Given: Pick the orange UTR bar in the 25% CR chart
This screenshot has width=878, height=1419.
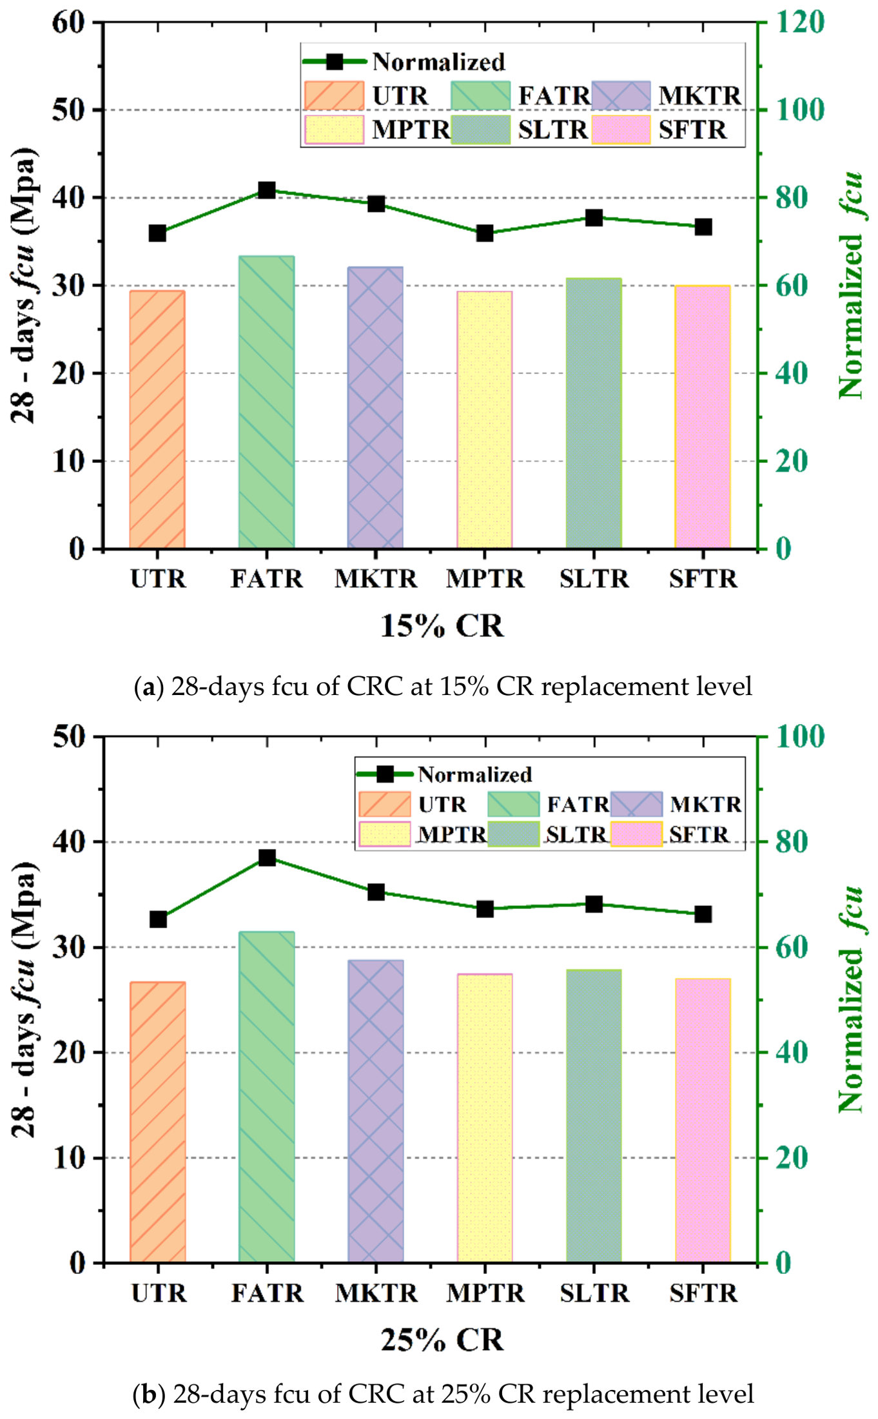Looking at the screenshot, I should point(157,1121).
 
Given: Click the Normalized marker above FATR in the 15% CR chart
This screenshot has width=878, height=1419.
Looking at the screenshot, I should point(267,190).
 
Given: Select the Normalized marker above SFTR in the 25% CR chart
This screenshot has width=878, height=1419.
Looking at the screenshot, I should point(703,914).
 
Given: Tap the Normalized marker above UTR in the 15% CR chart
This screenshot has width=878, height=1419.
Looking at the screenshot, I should point(158,233).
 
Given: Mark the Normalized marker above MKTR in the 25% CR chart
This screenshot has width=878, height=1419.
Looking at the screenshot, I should point(376,892).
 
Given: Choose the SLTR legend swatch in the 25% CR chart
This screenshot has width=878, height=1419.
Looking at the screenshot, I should point(513,834).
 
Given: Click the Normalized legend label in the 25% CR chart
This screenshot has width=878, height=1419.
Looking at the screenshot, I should point(474,774).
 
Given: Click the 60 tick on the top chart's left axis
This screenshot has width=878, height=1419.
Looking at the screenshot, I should point(68,23).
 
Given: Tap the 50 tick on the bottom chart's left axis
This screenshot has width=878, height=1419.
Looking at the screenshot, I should point(68,736).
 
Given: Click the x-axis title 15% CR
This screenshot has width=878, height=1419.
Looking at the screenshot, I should point(442,626).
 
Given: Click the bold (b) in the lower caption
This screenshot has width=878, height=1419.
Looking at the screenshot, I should point(149,1394).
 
